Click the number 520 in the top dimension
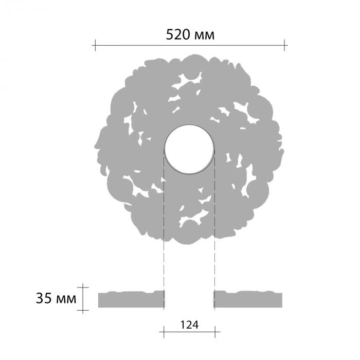[178, 35]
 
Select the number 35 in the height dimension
[44, 298]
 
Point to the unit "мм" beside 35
[66, 300]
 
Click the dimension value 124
[189, 325]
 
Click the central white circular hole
[189, 150]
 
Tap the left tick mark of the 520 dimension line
[95, 45]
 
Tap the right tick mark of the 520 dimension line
[284, 45]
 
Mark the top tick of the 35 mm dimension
[83, 287]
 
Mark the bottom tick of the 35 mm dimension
[83, 310]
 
